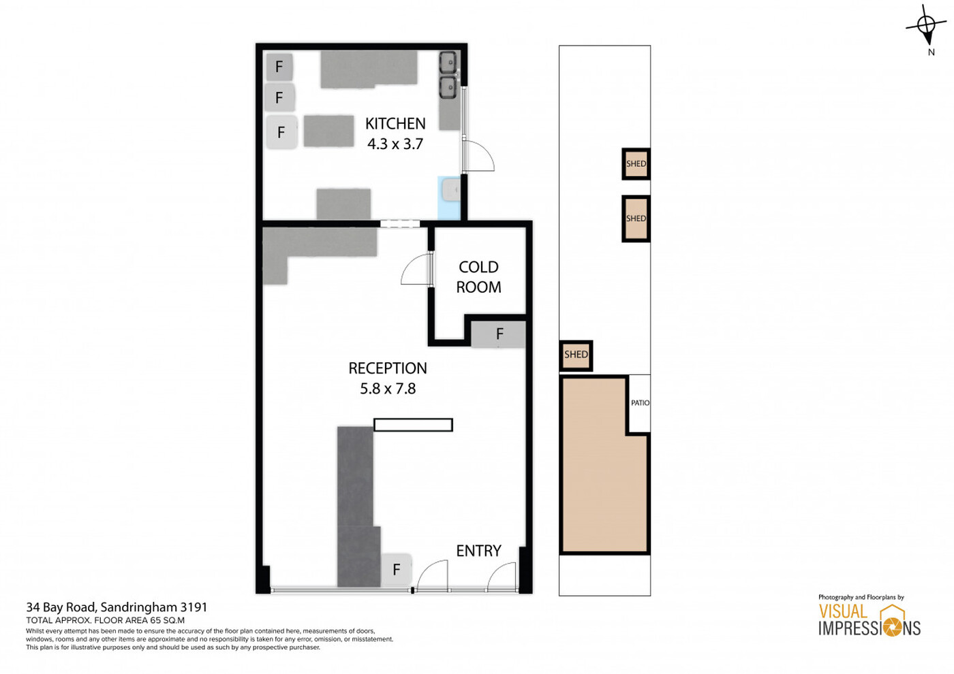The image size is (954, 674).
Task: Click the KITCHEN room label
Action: pos(395,123)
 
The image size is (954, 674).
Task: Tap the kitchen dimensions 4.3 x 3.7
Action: pos(395,144)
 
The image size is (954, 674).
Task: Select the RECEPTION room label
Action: pos(388,368)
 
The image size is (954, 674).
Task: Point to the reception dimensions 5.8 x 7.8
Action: pos(388,389)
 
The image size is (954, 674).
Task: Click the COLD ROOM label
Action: pos(478,277)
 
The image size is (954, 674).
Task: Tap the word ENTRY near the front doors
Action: pos(478,551)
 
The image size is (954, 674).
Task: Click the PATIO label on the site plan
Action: pos(640,402)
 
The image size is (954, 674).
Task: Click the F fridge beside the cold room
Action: pos(498,334)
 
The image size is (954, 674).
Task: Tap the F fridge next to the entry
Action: pos(396,569)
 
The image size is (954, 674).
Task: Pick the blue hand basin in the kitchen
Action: pos(450,198)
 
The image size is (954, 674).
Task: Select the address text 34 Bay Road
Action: pos(61,607)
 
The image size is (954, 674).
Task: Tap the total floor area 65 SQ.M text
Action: pos(105,620)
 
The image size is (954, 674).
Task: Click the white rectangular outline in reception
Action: pos(413,425)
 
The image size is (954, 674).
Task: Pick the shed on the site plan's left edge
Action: pos(576,355)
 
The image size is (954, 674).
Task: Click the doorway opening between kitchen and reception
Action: pos(400,224)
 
